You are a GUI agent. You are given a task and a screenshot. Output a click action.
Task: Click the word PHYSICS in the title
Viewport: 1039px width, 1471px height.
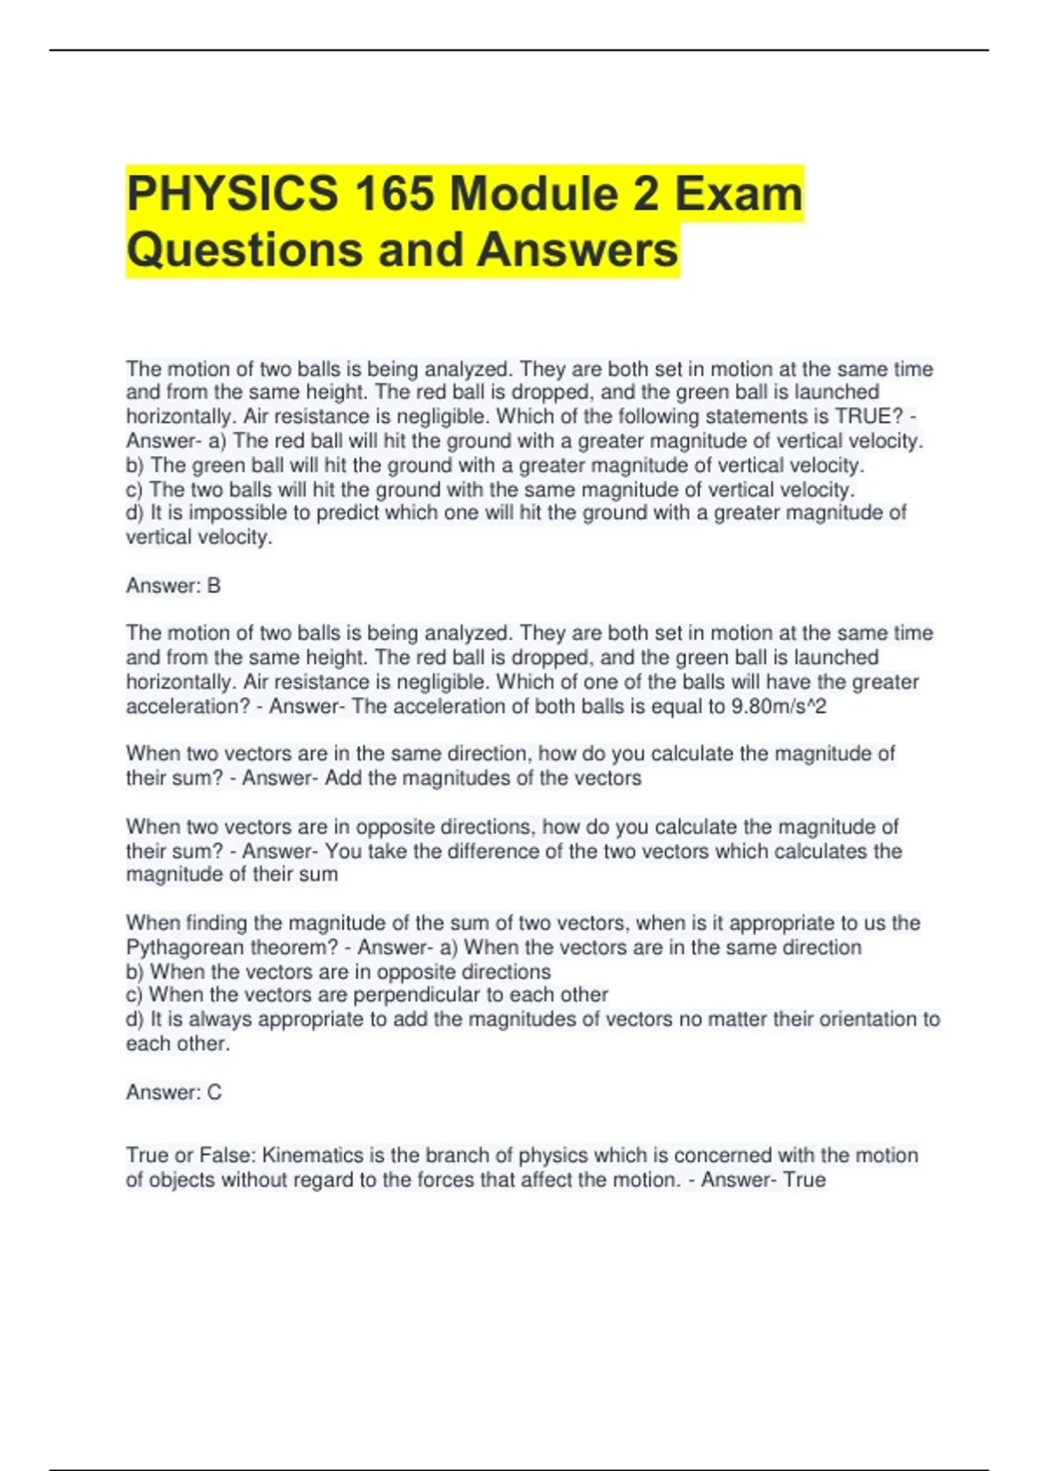[232, 193]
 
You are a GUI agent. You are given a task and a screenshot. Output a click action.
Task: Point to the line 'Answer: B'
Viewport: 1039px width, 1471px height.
[173, 586]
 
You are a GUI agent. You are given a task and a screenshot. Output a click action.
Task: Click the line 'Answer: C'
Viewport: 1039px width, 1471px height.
[173, 1092]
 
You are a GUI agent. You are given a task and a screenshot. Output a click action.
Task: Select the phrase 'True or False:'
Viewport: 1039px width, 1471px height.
[190, 1155]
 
